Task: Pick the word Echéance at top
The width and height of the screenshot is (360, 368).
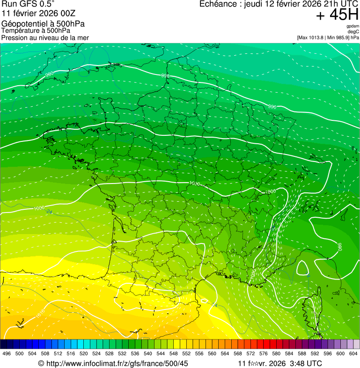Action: (x=218, y=4)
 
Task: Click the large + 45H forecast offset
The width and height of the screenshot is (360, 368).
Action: (x=337, y=15)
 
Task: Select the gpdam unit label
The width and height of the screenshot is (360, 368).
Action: (x=353, y=26)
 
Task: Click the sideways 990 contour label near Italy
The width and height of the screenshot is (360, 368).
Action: (x=340, y=246)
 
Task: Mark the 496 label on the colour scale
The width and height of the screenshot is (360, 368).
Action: (x=7, y=353)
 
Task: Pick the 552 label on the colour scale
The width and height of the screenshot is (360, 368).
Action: (x=186, y=353)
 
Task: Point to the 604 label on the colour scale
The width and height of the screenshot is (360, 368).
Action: (x=353, y=353)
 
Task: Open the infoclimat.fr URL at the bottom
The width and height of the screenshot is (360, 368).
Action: (x=117, y=363)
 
